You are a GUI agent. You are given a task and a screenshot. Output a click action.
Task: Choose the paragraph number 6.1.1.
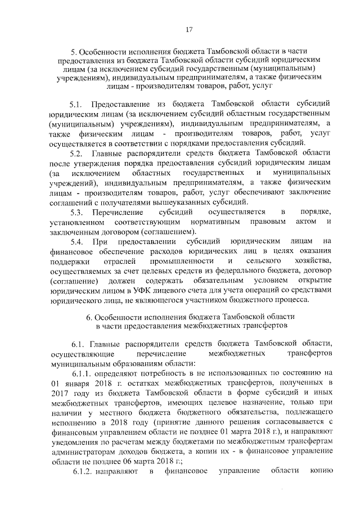click(83, 373)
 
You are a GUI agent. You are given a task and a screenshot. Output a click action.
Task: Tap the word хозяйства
click(310, 262)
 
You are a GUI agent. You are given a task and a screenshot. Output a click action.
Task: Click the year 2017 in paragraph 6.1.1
click(59, 393)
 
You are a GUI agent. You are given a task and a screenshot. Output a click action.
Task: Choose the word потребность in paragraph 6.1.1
click(154, 373)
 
